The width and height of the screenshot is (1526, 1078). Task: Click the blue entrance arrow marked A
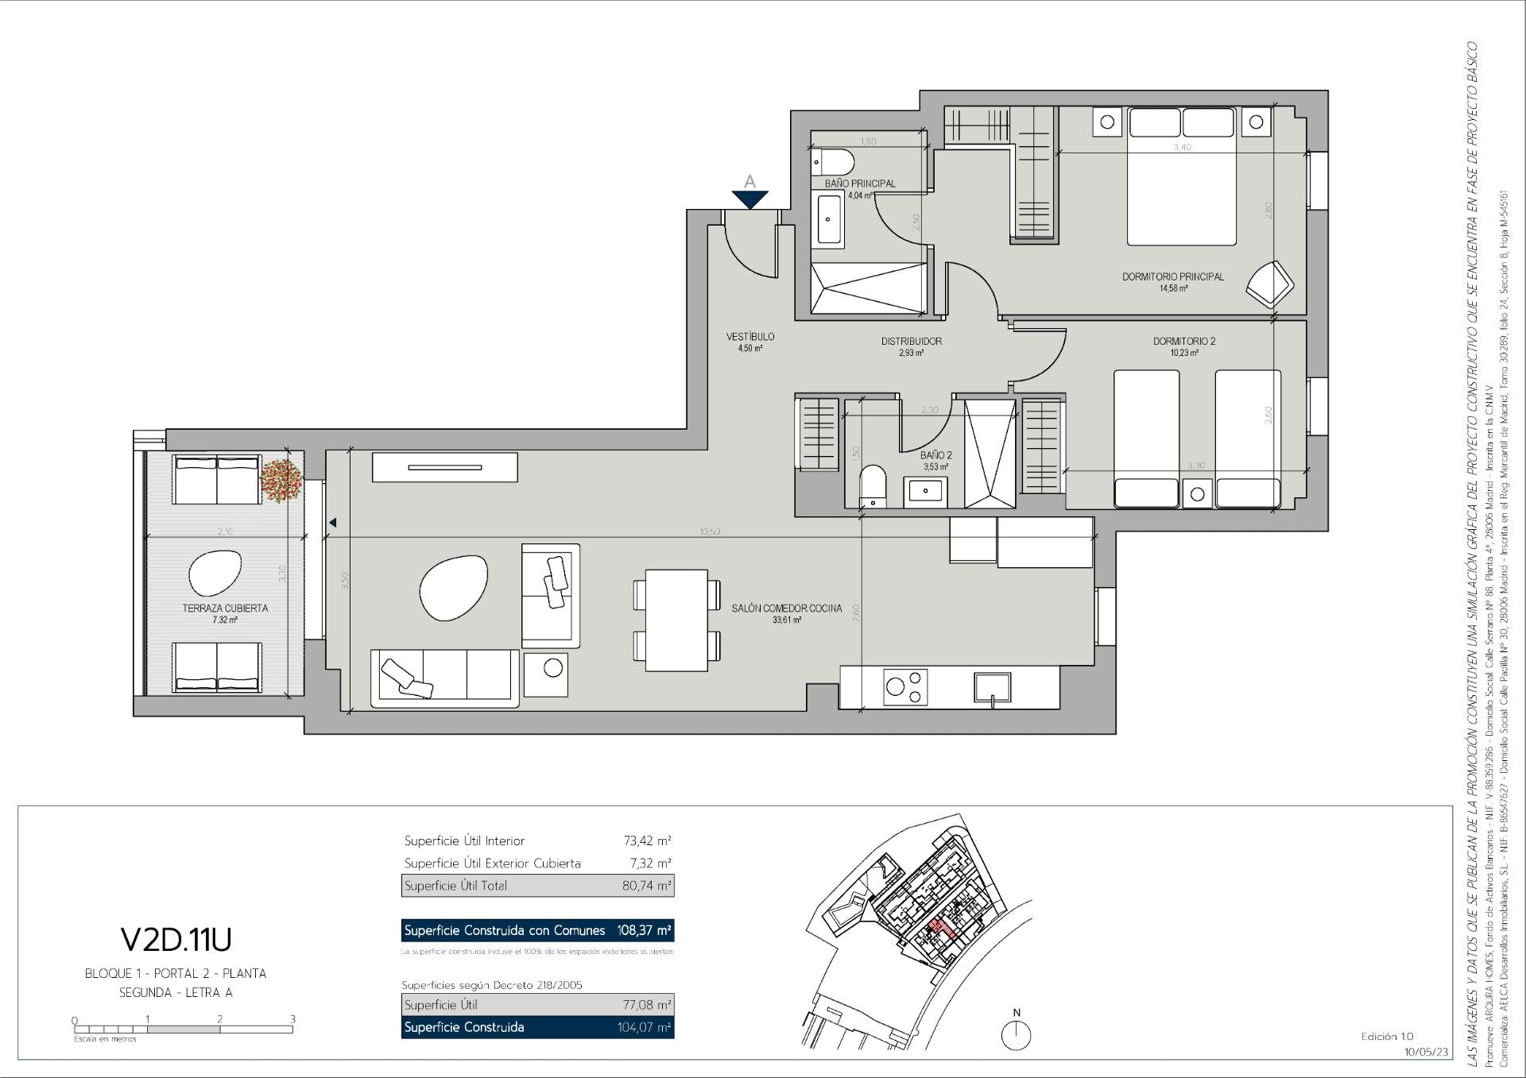[749, 199]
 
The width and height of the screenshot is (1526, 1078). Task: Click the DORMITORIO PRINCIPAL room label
[1172, 277]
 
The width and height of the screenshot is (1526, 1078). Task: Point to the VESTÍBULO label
[749, 337]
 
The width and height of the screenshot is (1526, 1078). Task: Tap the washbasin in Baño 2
[925, 492]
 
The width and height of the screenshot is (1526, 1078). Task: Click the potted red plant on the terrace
[281, 478]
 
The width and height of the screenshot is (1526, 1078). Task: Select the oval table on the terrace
[215, 573]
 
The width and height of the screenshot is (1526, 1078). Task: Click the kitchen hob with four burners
[906, 687]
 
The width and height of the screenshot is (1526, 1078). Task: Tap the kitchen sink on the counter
[993, 687]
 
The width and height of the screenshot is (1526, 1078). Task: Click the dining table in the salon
[676, 620]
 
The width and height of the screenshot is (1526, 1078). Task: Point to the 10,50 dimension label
[709, 531]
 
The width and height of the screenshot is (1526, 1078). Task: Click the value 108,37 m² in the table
[644, 930]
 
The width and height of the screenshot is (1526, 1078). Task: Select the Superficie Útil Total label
[455, 886]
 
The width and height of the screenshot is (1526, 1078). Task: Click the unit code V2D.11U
[176, 940]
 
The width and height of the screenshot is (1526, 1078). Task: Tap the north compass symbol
[1017, 1034]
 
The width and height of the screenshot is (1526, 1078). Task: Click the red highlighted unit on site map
[943, 928]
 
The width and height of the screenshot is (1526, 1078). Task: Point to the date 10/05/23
[1426, 1051]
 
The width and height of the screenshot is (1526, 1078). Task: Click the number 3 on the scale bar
[292, 1019]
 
